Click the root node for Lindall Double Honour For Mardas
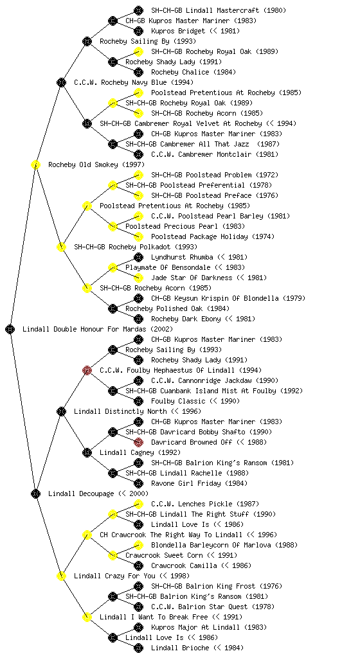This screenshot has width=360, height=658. [10, 329]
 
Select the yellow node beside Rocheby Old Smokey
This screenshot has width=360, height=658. [35, 164]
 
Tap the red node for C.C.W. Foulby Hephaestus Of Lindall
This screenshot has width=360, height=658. [87, 370]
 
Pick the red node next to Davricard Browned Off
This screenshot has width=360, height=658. [138, 442]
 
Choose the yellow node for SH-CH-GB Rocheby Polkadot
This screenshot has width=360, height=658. [61, 247]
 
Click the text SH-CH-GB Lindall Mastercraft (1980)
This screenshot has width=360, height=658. [219, 10]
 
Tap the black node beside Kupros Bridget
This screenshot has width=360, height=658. [138, 31]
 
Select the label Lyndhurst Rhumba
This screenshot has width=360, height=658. [182, 257]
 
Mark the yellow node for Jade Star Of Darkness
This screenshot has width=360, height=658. [138, 278]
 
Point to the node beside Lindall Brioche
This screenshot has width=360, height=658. [138, 648]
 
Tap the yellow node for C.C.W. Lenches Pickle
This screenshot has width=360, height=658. [138, 504]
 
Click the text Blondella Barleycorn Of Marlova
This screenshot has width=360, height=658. [210, 545]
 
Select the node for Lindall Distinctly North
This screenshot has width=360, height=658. [61, 411]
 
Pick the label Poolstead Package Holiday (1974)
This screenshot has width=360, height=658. [213, 236]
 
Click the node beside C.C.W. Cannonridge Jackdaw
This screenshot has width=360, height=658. [138, 380]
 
